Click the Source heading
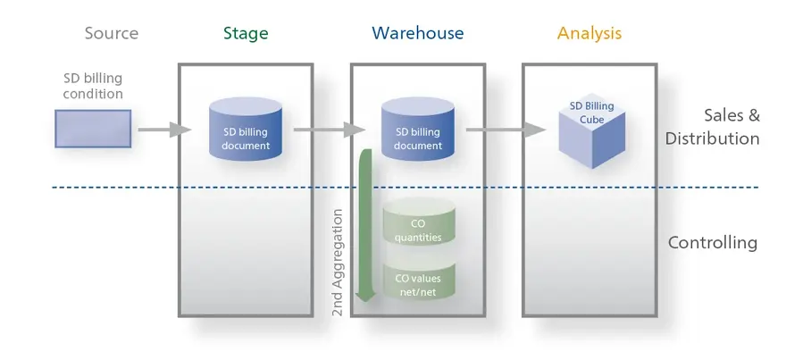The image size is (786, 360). [x=112, y=33]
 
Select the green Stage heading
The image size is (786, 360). [x=246, y=34]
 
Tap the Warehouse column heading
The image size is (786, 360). [x=418, y=33]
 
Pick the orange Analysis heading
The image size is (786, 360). [x=589, y=34]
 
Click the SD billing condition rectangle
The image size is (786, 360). [x=93, y=129]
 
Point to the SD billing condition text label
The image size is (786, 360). [x=93, y=87]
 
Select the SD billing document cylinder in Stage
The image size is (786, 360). [x=246, y=129]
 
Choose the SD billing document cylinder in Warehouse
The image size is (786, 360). [x=418, y=129]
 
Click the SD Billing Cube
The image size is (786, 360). [x=592, y=130]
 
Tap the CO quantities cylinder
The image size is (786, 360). [x=419, y=222]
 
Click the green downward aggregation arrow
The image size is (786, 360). [x=366, y=226]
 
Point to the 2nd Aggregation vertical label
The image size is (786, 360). [x=339, y=263]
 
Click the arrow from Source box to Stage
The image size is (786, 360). [x=165, y=130]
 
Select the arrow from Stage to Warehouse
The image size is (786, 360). [x=330, y=130]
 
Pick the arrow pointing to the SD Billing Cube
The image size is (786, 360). [x=506, y=130]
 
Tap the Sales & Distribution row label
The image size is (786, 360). [x=713, y=127]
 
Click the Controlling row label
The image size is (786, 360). [x=713, y=243]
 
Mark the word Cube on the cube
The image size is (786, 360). [x=592, y=120]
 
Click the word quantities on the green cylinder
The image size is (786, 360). [x=418, y=237]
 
